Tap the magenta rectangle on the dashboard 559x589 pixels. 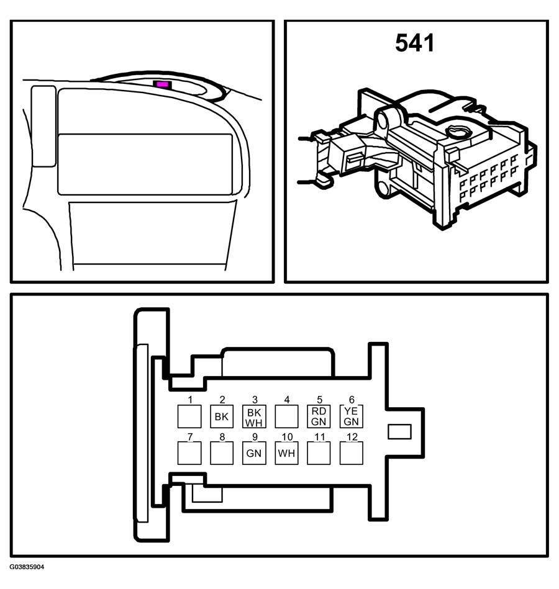tap(162, 84)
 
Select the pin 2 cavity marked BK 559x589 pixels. tap(222, 416)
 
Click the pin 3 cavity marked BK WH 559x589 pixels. tap(254, 416)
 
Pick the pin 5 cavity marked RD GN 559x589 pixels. tap(319, 416)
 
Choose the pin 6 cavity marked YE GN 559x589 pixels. tap(352, 416)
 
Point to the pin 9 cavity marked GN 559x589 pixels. tap(254, 453)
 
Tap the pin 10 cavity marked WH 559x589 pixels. tap(286, 453)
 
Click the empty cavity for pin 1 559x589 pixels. tap(189, 416)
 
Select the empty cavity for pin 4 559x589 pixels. tap(286, 416)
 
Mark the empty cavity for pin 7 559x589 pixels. tap(189, 453)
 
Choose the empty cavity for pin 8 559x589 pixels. tap(222, 453)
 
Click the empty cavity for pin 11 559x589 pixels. tap(319, 453)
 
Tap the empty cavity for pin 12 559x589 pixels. tap(352, 453)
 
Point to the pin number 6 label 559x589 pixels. tap(352, 399)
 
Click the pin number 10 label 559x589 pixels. tap(287, 437)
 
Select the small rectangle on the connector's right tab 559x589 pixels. tap(399, 431)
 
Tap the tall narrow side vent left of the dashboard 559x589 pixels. tap(43, 126)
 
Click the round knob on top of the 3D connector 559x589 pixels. tap(458, 132)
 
